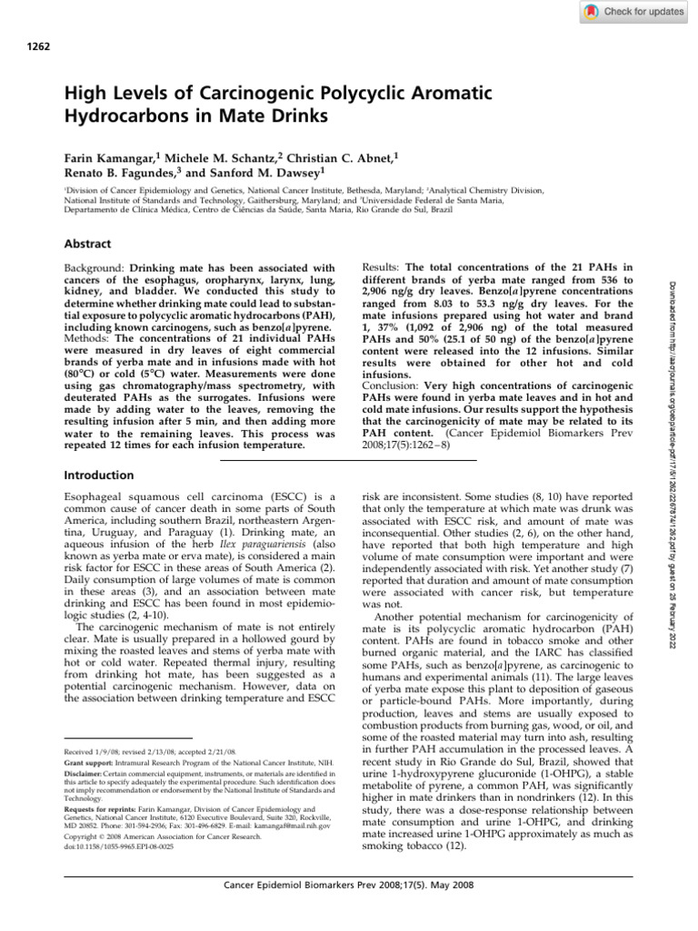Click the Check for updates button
click(633, 12)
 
